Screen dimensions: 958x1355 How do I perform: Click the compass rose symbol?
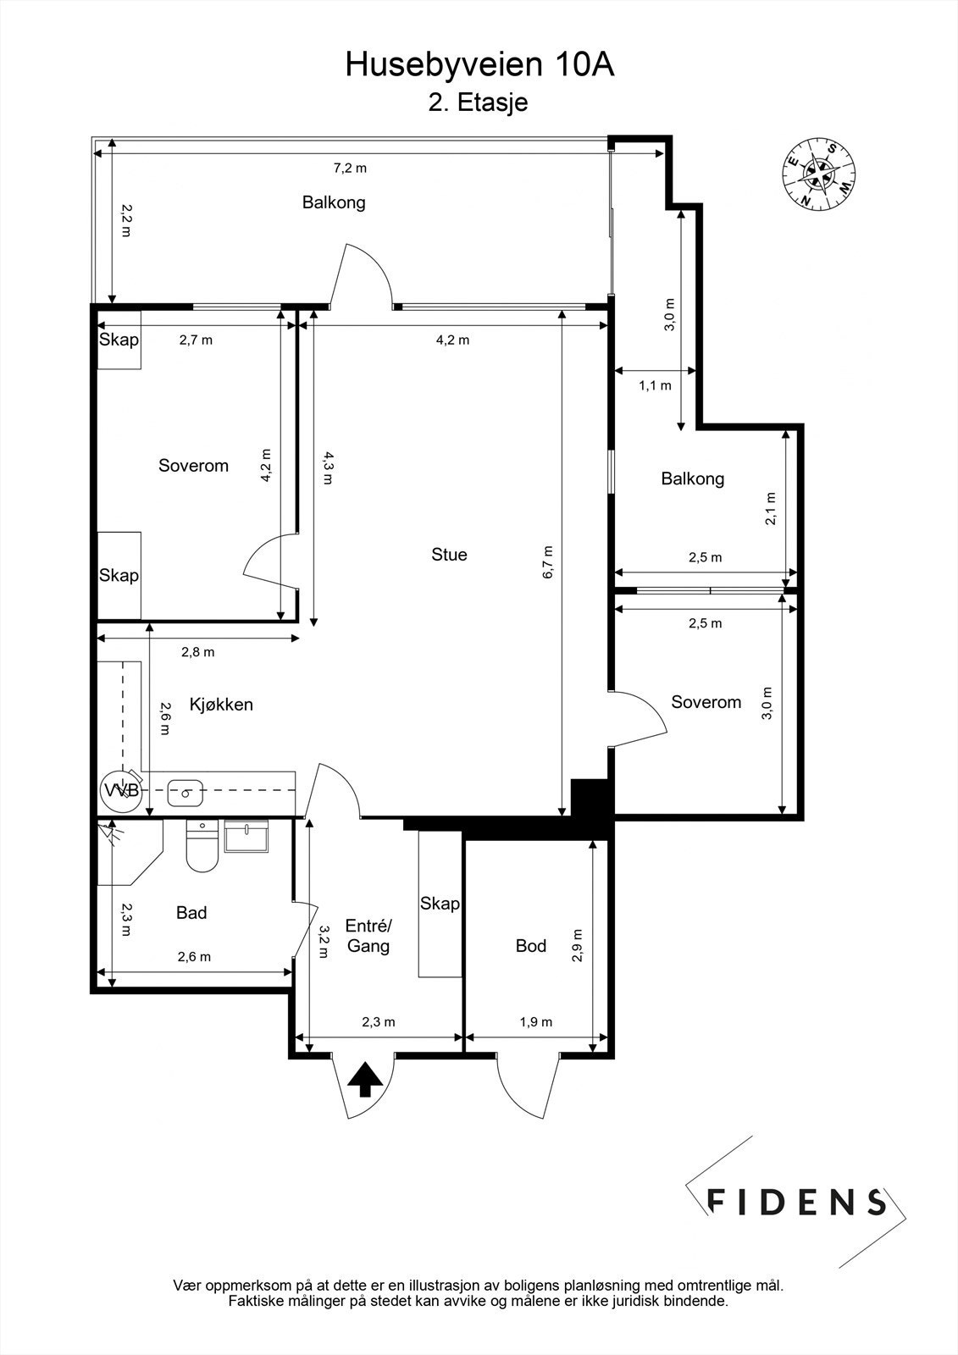tap(818, 174)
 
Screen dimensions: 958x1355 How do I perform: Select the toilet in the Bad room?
tap(202, 846)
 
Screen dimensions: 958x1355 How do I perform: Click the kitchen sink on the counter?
tap(185, 793)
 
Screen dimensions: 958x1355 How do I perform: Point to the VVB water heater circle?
tap(120, 791)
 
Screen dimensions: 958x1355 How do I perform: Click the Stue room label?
tap(449, 555)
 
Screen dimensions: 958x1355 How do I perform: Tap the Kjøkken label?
tap(221, 705)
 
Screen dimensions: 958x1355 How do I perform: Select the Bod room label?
tap(531, 945)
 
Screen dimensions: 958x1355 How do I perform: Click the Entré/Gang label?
tap(368, 936)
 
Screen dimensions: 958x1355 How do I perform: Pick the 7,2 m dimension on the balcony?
tap(351, 169)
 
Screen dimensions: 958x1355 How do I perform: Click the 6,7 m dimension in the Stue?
tap(548, 562)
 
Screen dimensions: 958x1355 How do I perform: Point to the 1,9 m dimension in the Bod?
tap(536, 1022)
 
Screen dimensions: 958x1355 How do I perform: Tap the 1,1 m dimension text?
tap(655, 385)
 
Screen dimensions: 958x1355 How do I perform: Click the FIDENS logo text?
tap(796, 1202)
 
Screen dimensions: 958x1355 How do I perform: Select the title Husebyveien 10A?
tap(480, 64)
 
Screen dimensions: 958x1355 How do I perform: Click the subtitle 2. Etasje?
tap(478, 102)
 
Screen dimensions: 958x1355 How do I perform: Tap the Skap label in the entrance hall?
tap(440, 903)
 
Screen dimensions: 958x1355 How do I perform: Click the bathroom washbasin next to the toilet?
tap(246, 836)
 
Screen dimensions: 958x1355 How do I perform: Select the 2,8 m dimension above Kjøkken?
tap(198, 652)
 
